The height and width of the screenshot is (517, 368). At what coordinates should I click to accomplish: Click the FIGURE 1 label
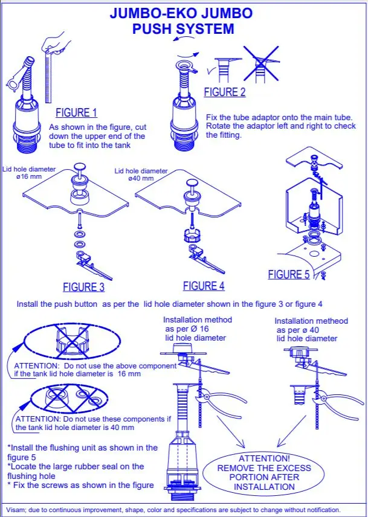tap(76, 112)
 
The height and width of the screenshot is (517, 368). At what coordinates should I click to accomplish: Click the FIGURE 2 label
tap(225, 92)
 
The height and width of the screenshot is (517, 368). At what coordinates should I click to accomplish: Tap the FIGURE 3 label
tap(84, 287)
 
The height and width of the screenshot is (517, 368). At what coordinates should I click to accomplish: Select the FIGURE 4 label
tap(204, 286)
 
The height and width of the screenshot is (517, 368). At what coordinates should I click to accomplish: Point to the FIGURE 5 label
tap(289, 274)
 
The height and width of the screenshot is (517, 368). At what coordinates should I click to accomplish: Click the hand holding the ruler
tap(57, 42)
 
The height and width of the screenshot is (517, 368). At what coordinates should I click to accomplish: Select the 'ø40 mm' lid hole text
tap(141, 178)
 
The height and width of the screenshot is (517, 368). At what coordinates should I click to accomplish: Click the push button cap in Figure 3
tap(80, 166)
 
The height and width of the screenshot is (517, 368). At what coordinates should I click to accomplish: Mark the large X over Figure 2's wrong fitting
tap(261, 63)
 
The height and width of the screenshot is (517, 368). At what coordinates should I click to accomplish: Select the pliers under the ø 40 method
tap(337, 403)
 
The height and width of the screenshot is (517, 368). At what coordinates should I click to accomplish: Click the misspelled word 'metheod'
tap(332, 321)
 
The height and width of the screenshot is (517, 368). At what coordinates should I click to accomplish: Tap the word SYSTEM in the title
tap(205, 28)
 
